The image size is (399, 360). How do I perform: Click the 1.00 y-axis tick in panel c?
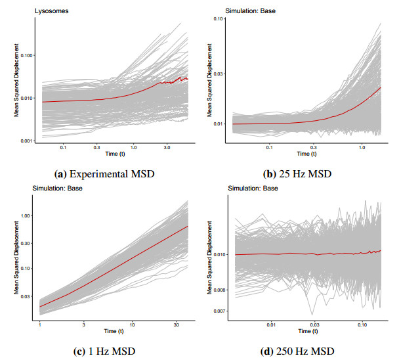point(27,215)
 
